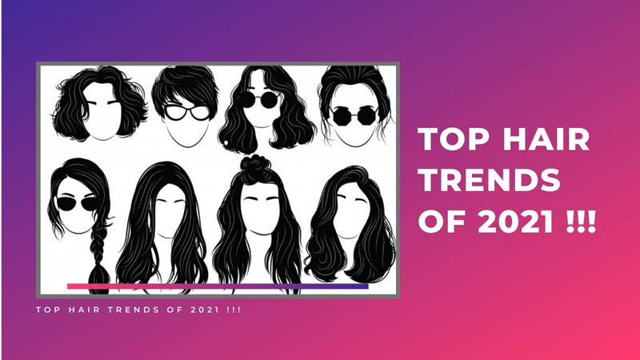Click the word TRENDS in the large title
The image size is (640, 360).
pos(490,180)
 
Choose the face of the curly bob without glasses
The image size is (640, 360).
pos(105,120)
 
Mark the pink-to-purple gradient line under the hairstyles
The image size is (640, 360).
pos(217,286)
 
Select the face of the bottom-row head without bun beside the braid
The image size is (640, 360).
pos(167,212)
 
